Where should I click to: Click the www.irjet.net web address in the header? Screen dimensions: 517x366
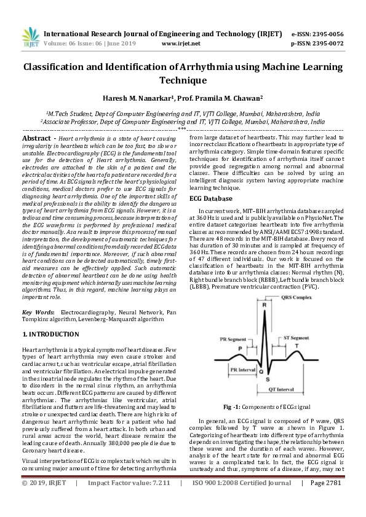pos(180,44)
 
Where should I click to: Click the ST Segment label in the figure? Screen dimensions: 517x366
pos(296,338)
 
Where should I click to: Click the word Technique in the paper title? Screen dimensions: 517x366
pos(183,80)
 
